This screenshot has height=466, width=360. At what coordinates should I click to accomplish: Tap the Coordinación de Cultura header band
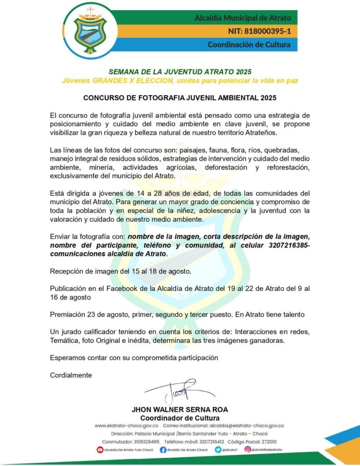point(245,45)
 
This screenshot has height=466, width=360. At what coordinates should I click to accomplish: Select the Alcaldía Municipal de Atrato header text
point(243,19)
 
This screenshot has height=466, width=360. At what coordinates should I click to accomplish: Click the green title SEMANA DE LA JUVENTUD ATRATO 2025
point(180,72)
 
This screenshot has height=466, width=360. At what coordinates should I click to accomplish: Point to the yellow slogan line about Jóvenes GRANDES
point(180,81)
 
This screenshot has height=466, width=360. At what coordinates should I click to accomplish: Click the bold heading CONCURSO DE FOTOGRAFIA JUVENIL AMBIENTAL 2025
point(180,97)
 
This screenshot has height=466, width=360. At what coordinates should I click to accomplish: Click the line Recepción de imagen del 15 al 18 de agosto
point(120,271)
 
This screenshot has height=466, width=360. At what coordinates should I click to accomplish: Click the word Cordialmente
point(71,375)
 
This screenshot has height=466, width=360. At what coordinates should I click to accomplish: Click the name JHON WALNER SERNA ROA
point(180,410)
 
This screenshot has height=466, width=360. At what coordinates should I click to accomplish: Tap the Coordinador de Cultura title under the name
point(180,418)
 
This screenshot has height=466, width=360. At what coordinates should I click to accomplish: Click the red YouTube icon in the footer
point(100,450)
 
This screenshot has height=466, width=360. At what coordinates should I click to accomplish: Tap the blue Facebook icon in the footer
point(163,450)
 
